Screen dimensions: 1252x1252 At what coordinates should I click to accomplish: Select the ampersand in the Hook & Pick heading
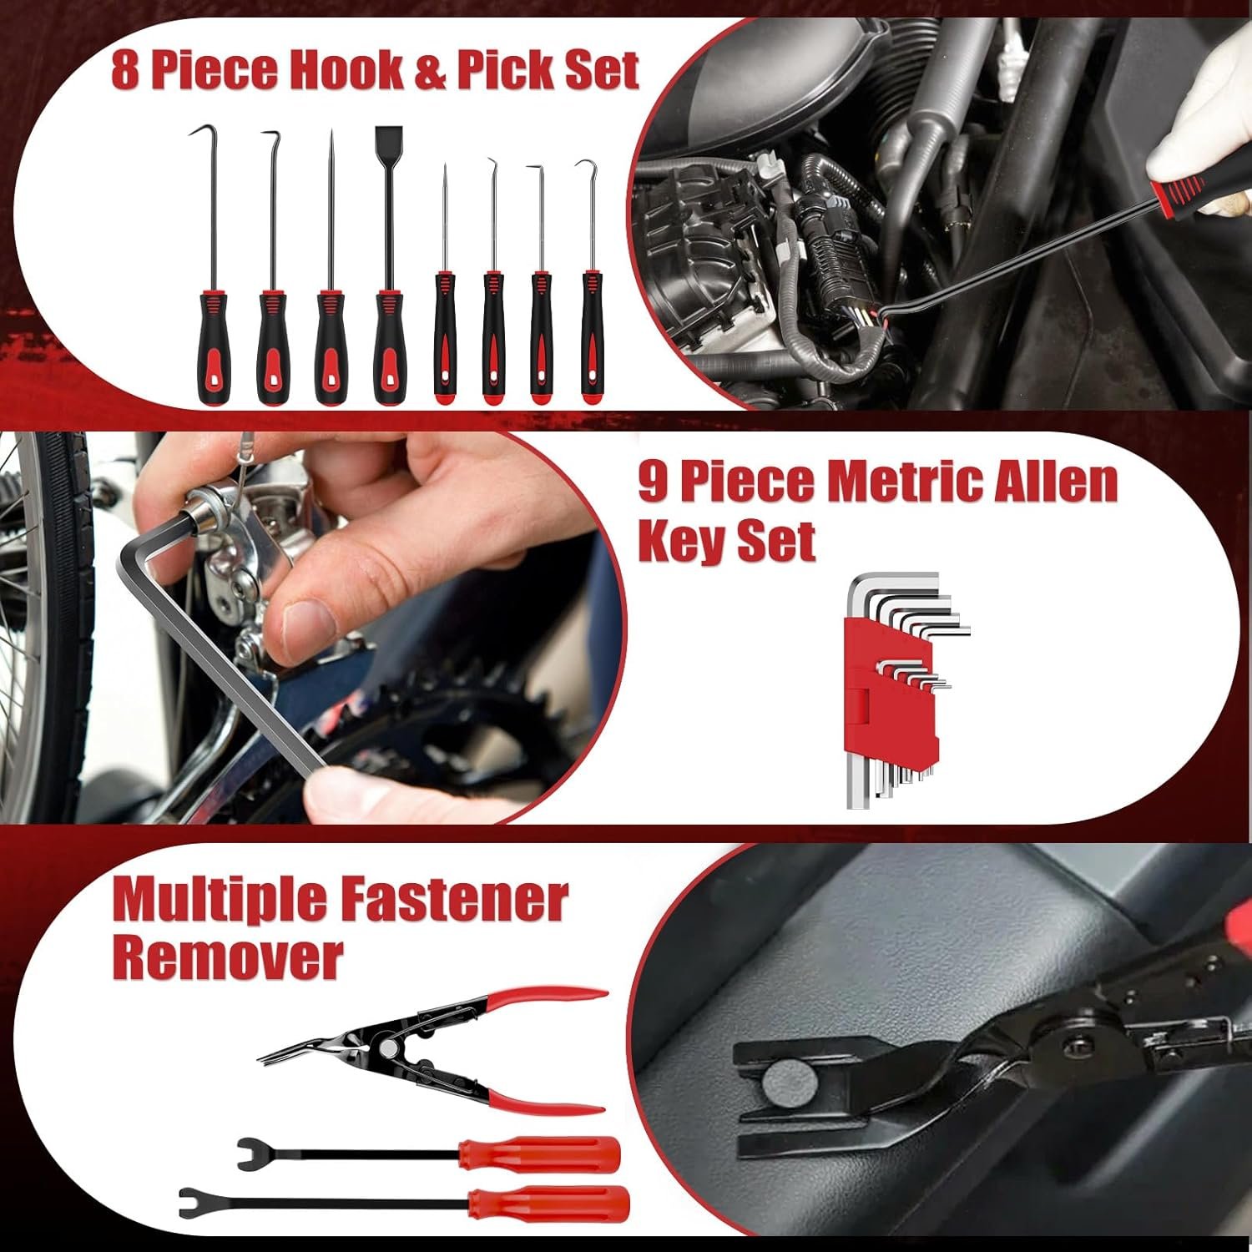pos(430,70)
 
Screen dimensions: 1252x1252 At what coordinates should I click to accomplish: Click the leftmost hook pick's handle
pos(213,346)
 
